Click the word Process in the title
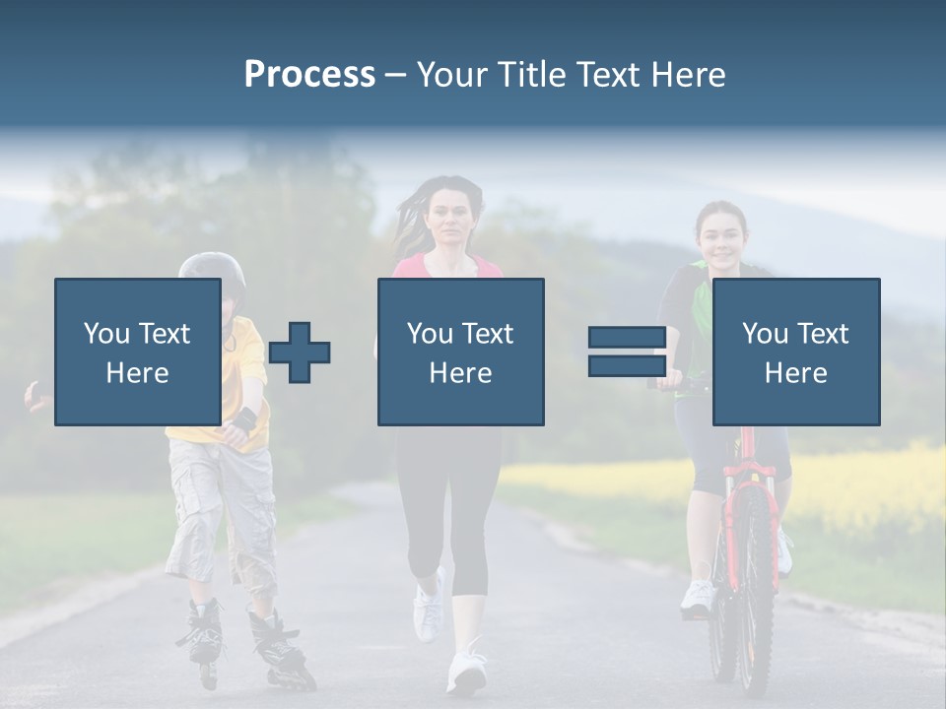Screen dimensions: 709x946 pyautogui.click(x=309, y=74)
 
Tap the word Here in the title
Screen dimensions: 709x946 pyautogui.click(x=686, y=74)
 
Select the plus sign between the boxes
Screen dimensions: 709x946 pyautogui.click(x=300, y=353)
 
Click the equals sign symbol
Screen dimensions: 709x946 pyautogui.click(x=626, y=352)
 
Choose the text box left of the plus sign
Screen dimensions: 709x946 pyautogui.click(x=137, y=352)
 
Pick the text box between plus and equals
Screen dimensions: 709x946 pyautogui.click(x=460, y=352)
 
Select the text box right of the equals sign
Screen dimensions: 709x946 pyautogui.click(x=795, y=352)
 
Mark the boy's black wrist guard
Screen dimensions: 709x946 pyautogui.click(x=243, y=420)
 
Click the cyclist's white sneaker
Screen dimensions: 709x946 pyautogui.click(x=699, y=596)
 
